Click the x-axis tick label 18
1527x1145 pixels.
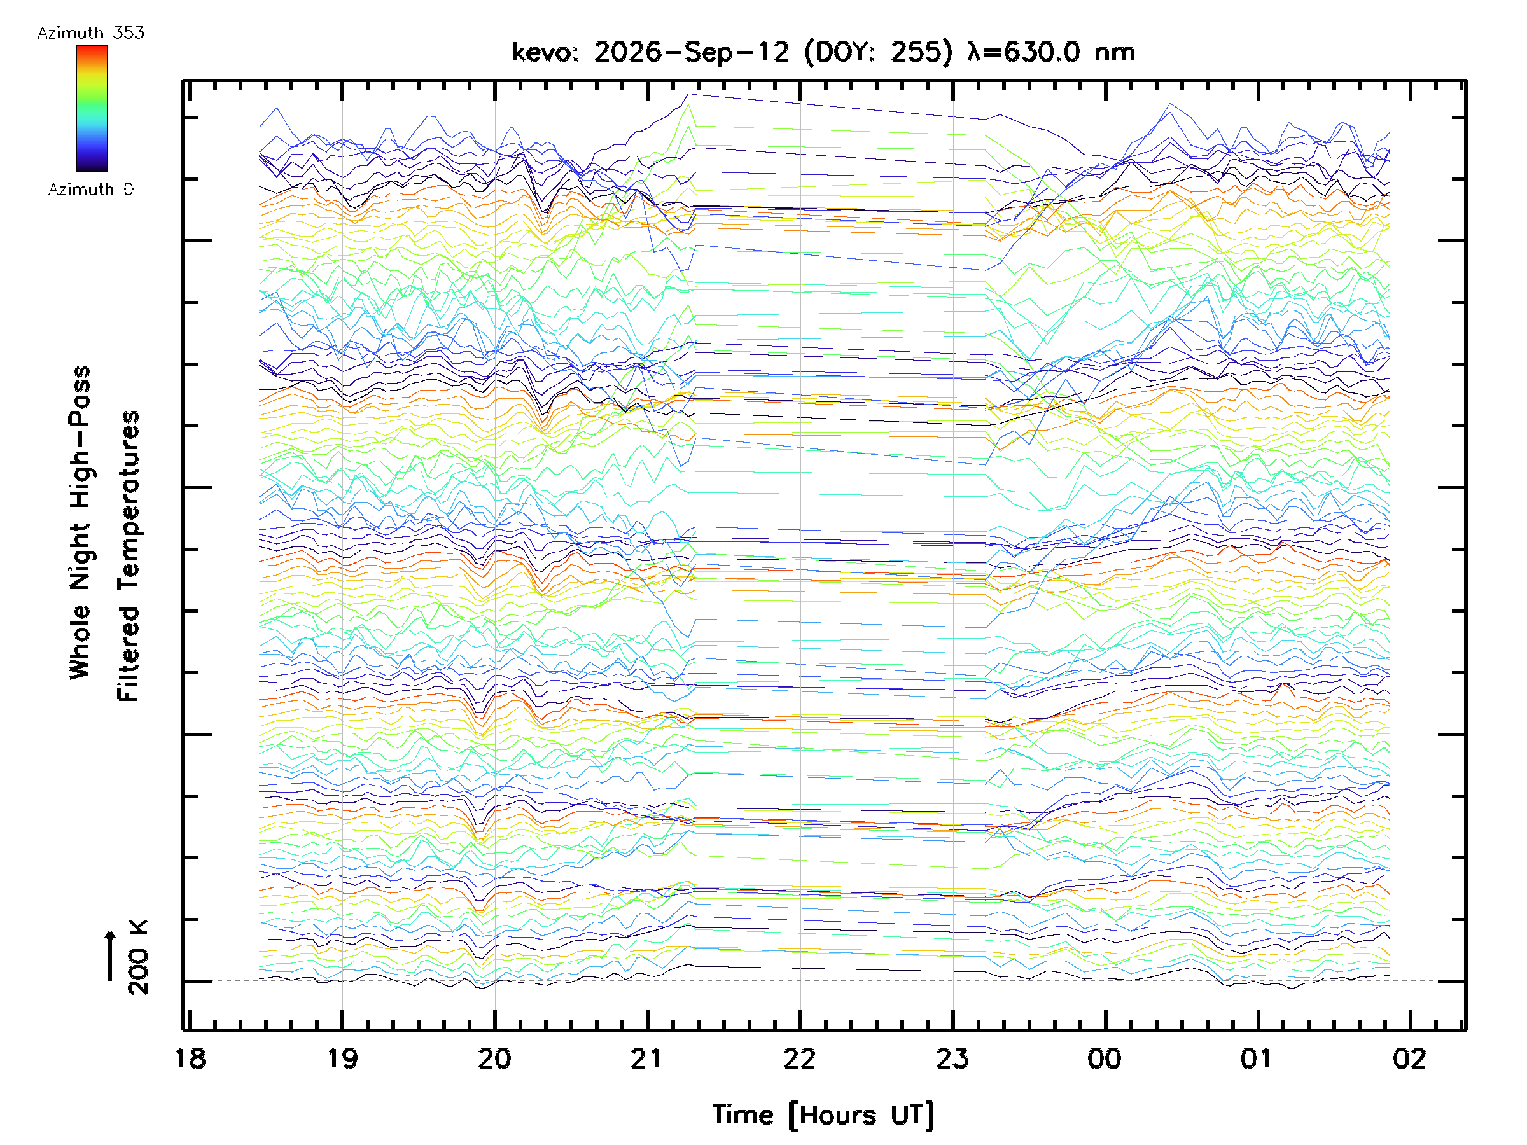pos(190,1058)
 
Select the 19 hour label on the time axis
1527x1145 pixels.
pos(343,1058)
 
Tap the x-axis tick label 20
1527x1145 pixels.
pos(495,1058)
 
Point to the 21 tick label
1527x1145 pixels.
pos(647,1058)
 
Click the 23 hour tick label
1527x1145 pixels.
pos(952,1058)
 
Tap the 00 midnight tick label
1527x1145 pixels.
pos(1105,1058)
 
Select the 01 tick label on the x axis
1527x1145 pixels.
pos(1257,1058)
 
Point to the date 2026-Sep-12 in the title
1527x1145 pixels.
pos(691,52)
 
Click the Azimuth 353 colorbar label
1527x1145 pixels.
pos(90,32)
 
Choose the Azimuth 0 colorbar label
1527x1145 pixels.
pos(90,189)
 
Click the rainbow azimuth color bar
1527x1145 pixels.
pos(92,108)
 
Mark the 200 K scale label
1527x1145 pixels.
pos(138,957)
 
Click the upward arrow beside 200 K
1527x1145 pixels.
pos(110,956)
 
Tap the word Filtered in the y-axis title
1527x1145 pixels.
pos(129,653)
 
